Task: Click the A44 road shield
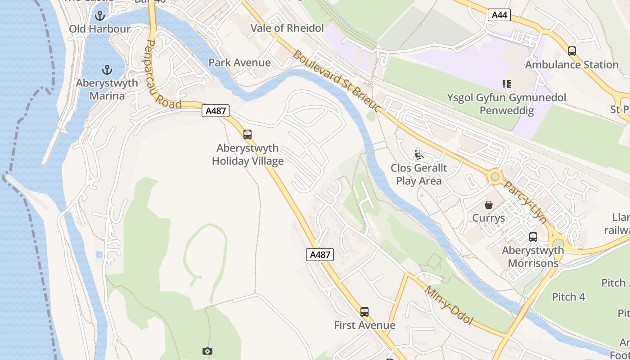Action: (499, 15)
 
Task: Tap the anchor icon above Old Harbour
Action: (100, 16)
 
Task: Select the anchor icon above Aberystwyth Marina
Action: (107, 70)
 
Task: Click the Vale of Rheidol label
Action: (287, 28)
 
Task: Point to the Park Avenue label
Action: (239, 63)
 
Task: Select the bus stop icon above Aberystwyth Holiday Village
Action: (247, 134)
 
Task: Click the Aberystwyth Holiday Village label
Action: (247, 154)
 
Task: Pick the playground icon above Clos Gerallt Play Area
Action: (419, 154)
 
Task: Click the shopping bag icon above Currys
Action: (489, 205)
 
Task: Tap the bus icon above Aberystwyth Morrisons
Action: (533, 237)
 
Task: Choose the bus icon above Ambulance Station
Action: (572, 51)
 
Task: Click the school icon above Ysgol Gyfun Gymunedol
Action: (506, 84)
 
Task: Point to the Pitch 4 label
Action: (569, 297)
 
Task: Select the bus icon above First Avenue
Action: (364, 311)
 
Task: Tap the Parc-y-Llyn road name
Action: (525, 202)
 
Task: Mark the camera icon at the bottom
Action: (207, 351)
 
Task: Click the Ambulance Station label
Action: (571, 65)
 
